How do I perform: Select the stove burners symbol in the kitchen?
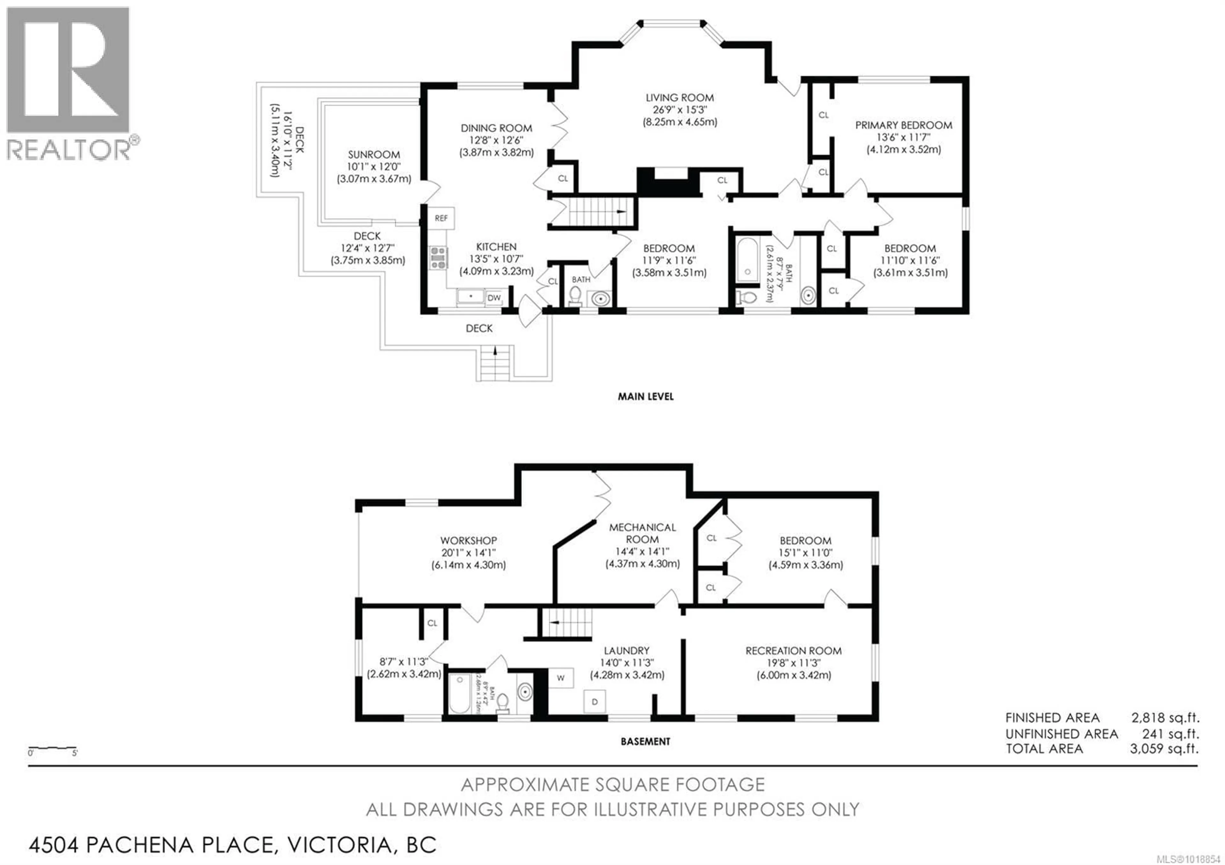coord(439,258)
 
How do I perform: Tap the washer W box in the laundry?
coord(561,678)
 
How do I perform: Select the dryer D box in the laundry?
coord(594,702)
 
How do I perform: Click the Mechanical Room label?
coord(642,533)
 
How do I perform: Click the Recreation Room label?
coord(793,651)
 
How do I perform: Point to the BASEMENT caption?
coord(646,741)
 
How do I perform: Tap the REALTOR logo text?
coord(68,150)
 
